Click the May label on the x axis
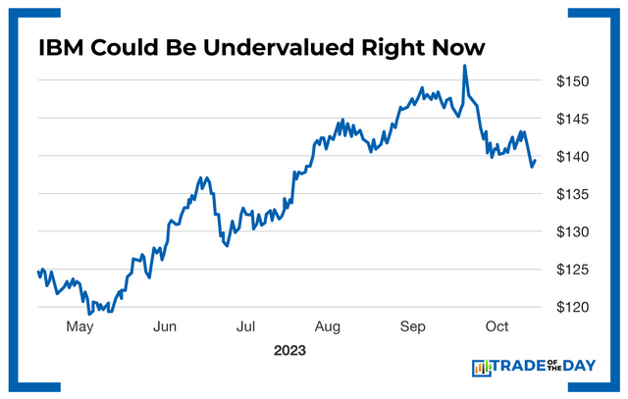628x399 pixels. [x=80, y=326]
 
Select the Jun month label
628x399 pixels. [x=164, y=326]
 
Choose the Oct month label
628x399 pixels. [x=496, y=326]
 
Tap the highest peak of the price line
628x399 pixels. [x=463, y=66]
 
